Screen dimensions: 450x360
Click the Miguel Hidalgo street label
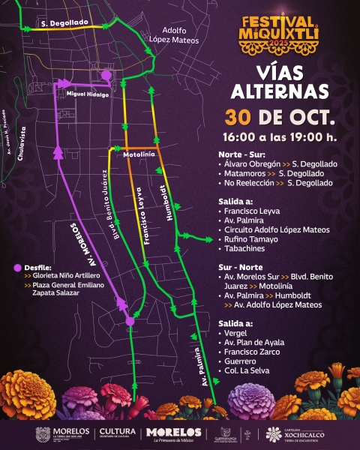coord(87,94)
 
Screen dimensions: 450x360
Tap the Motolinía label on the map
coord(138,154)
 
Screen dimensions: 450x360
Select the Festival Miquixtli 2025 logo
coord(279,34)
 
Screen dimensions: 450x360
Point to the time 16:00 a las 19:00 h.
coord(279,137)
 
